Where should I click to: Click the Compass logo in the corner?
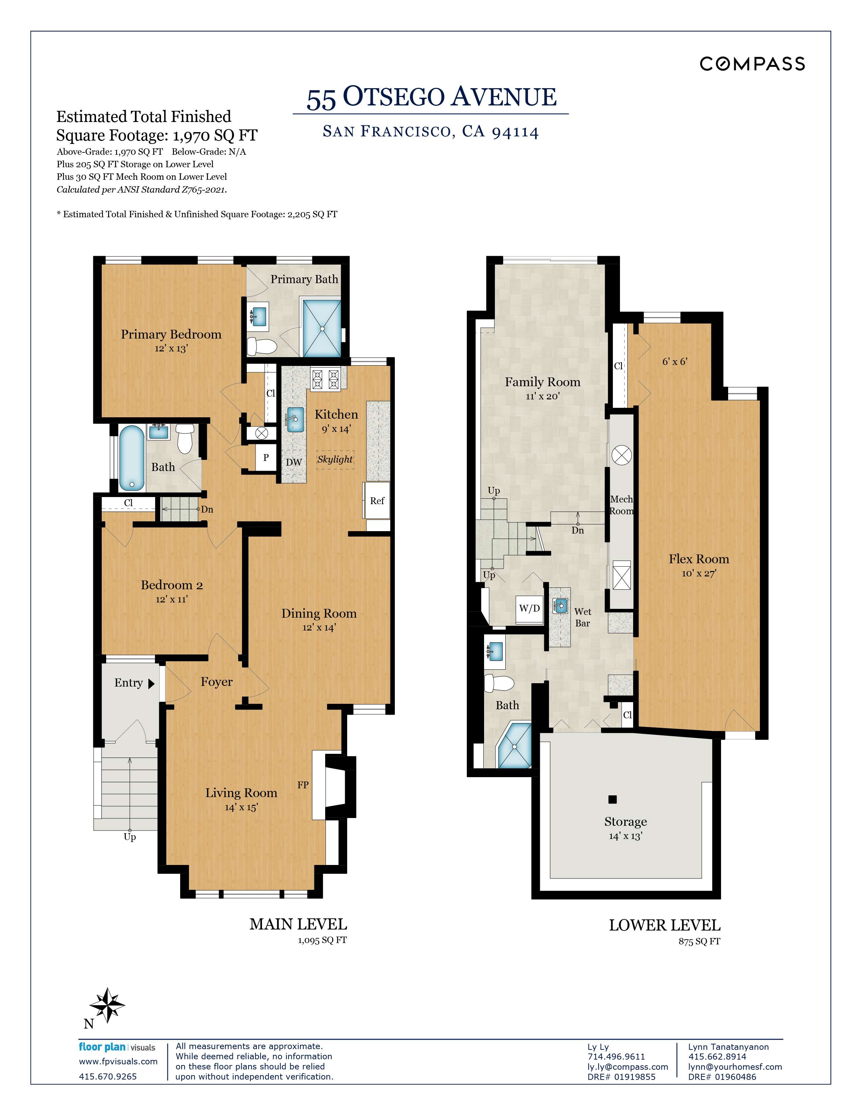pos(752,64)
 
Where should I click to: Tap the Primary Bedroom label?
pos(171,334)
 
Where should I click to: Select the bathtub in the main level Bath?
pos(132,457)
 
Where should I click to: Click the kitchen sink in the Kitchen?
pos(295,419)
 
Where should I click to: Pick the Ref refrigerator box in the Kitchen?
pos(377,501)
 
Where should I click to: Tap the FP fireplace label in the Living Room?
pos(303,785)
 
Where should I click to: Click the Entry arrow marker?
pos(151,684)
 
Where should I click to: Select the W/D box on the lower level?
pos(529,609)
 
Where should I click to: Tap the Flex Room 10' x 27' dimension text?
pos(699,573)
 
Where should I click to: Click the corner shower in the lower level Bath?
pos(515,746)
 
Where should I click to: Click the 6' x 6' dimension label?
pos(675,362)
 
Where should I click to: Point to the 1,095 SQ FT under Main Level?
pos(322,940)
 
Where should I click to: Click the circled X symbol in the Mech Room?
pos(621,454)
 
